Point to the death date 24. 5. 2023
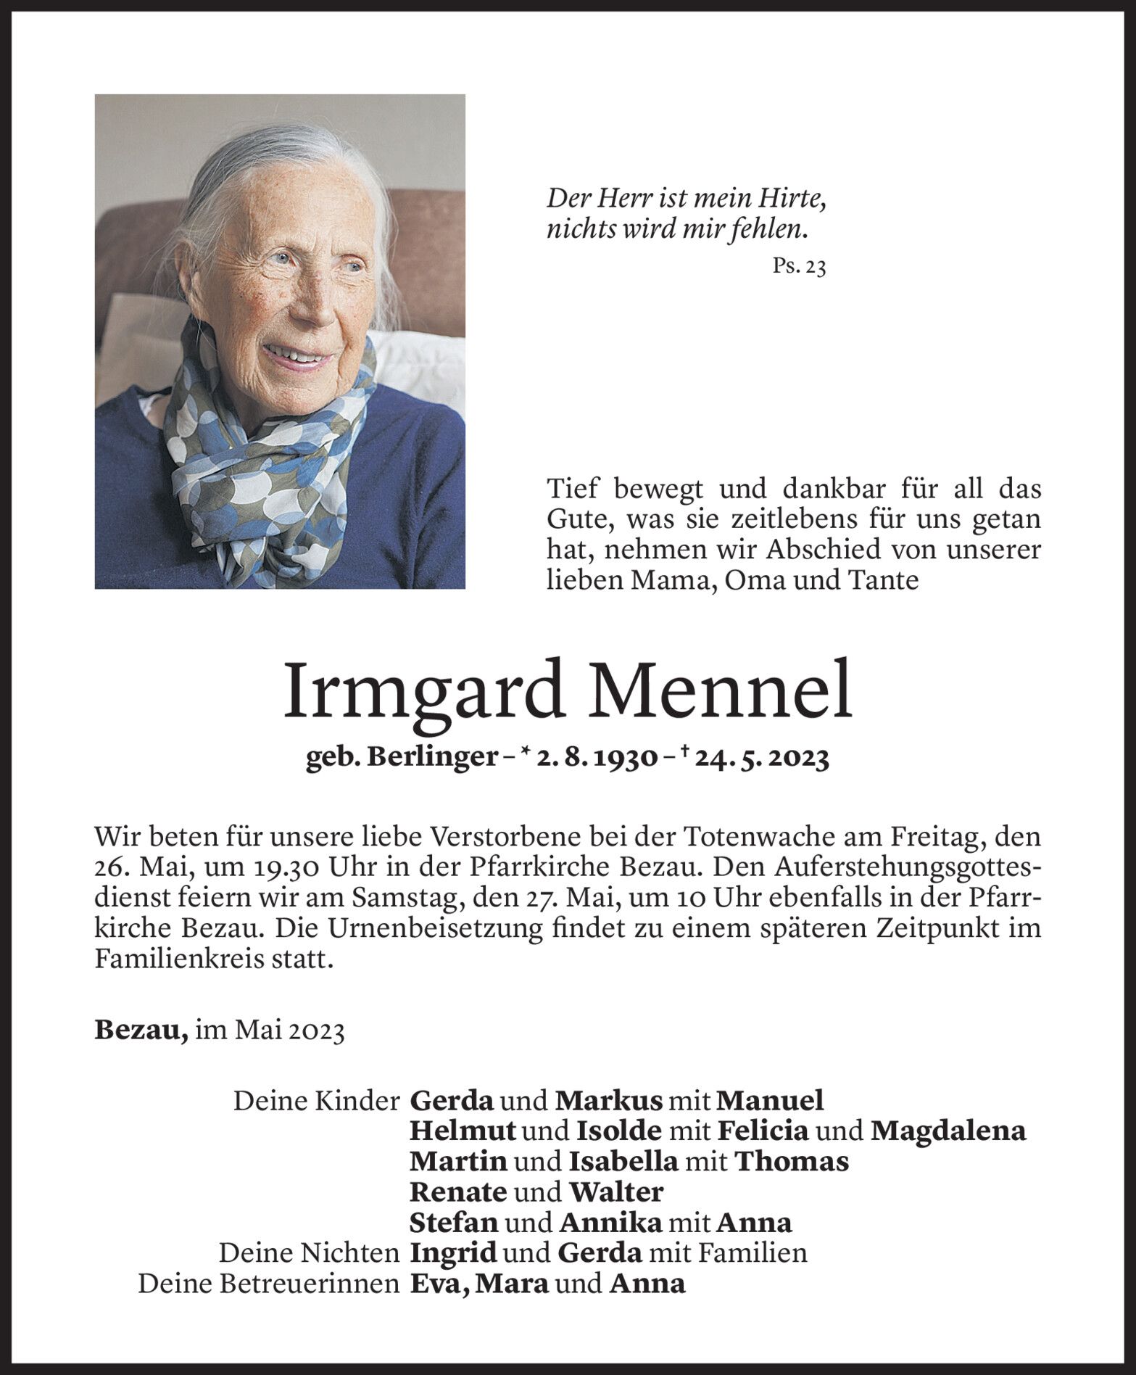click(x=762, y=759)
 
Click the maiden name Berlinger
click(x=432, y=759)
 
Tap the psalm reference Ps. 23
click(x=799, y=268)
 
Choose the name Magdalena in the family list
click(x=948, y=1131)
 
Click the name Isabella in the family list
click(x=623, y=1162)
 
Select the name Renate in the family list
click(x=457, y=1192)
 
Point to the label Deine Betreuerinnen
click(x=268, y=1284)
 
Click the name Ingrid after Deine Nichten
click(x=453, y=1253)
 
